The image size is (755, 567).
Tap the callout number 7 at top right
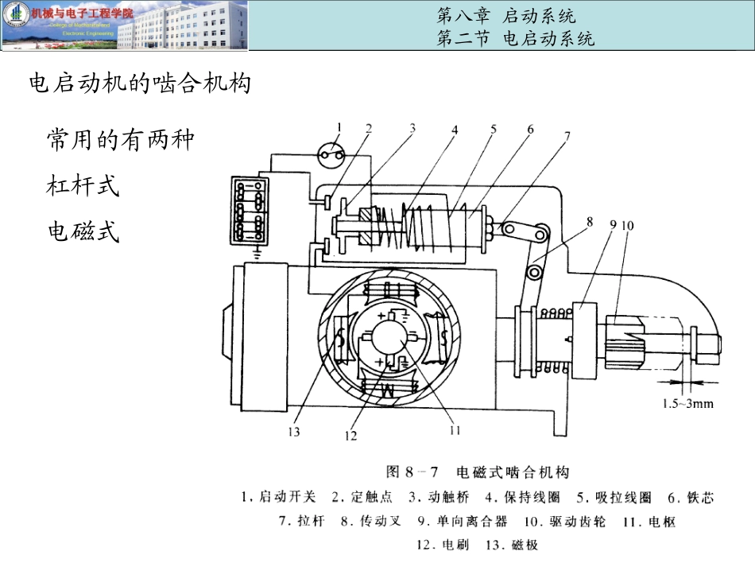tap(567, 135)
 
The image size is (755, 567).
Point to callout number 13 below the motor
tap(294, 432)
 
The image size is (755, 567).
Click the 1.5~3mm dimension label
tap(688, 403)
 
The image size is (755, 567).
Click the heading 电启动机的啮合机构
tap(140, 83)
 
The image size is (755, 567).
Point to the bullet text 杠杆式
tap(83, 187)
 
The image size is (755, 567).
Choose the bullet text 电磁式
tap(83, 232)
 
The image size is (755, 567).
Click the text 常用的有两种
tap(120, 141)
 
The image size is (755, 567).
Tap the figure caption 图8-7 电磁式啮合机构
tap(478, 472)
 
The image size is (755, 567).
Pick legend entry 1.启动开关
tap(278, 497)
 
